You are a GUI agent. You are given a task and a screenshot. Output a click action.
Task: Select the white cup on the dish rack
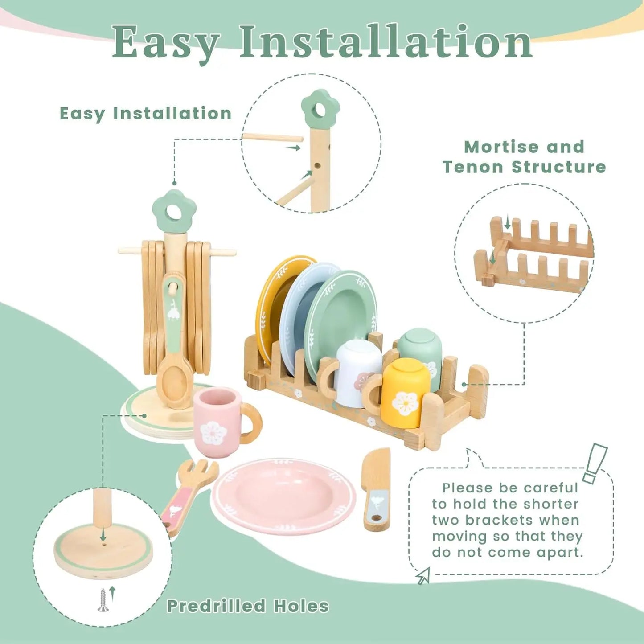coord(357,372)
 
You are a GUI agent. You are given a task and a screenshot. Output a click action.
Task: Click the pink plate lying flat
coord(283,495)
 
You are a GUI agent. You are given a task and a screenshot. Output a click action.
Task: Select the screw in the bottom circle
coord(103,599)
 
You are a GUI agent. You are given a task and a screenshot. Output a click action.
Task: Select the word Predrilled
coord(216,607)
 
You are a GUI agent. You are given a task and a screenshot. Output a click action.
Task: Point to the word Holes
coord(301,607)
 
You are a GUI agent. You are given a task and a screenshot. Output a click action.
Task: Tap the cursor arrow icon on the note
coord(422,576)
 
